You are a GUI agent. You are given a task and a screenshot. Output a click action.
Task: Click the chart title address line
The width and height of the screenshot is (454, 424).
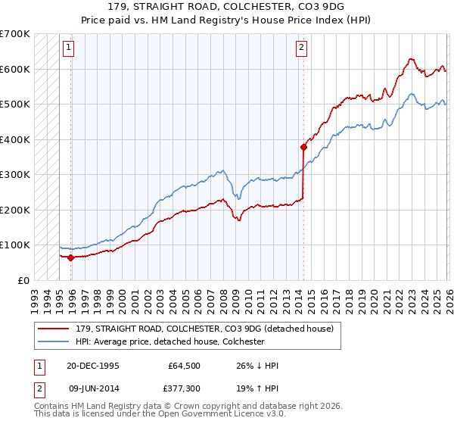click(227, 8)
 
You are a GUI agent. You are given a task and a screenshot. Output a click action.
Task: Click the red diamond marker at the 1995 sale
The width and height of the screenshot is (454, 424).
click(71, 257)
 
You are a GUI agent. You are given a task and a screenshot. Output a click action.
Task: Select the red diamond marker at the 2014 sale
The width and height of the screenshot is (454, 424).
click(303, 148)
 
